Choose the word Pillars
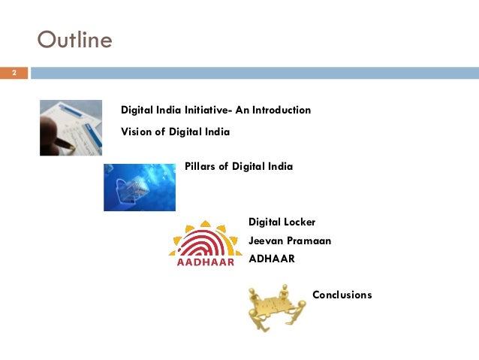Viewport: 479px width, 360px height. [x=200, y=166]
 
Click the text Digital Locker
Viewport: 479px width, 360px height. [x=282, y=222]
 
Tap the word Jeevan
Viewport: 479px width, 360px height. [x=267, y=241]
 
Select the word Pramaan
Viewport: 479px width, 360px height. [x=309, y=241]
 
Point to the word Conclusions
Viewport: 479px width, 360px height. [x=342, y=295]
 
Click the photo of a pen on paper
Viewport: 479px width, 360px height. [x=71, y=127]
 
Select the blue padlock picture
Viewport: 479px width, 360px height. [x=140, y=187]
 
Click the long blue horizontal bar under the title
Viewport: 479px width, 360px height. [x=254, y=73]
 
